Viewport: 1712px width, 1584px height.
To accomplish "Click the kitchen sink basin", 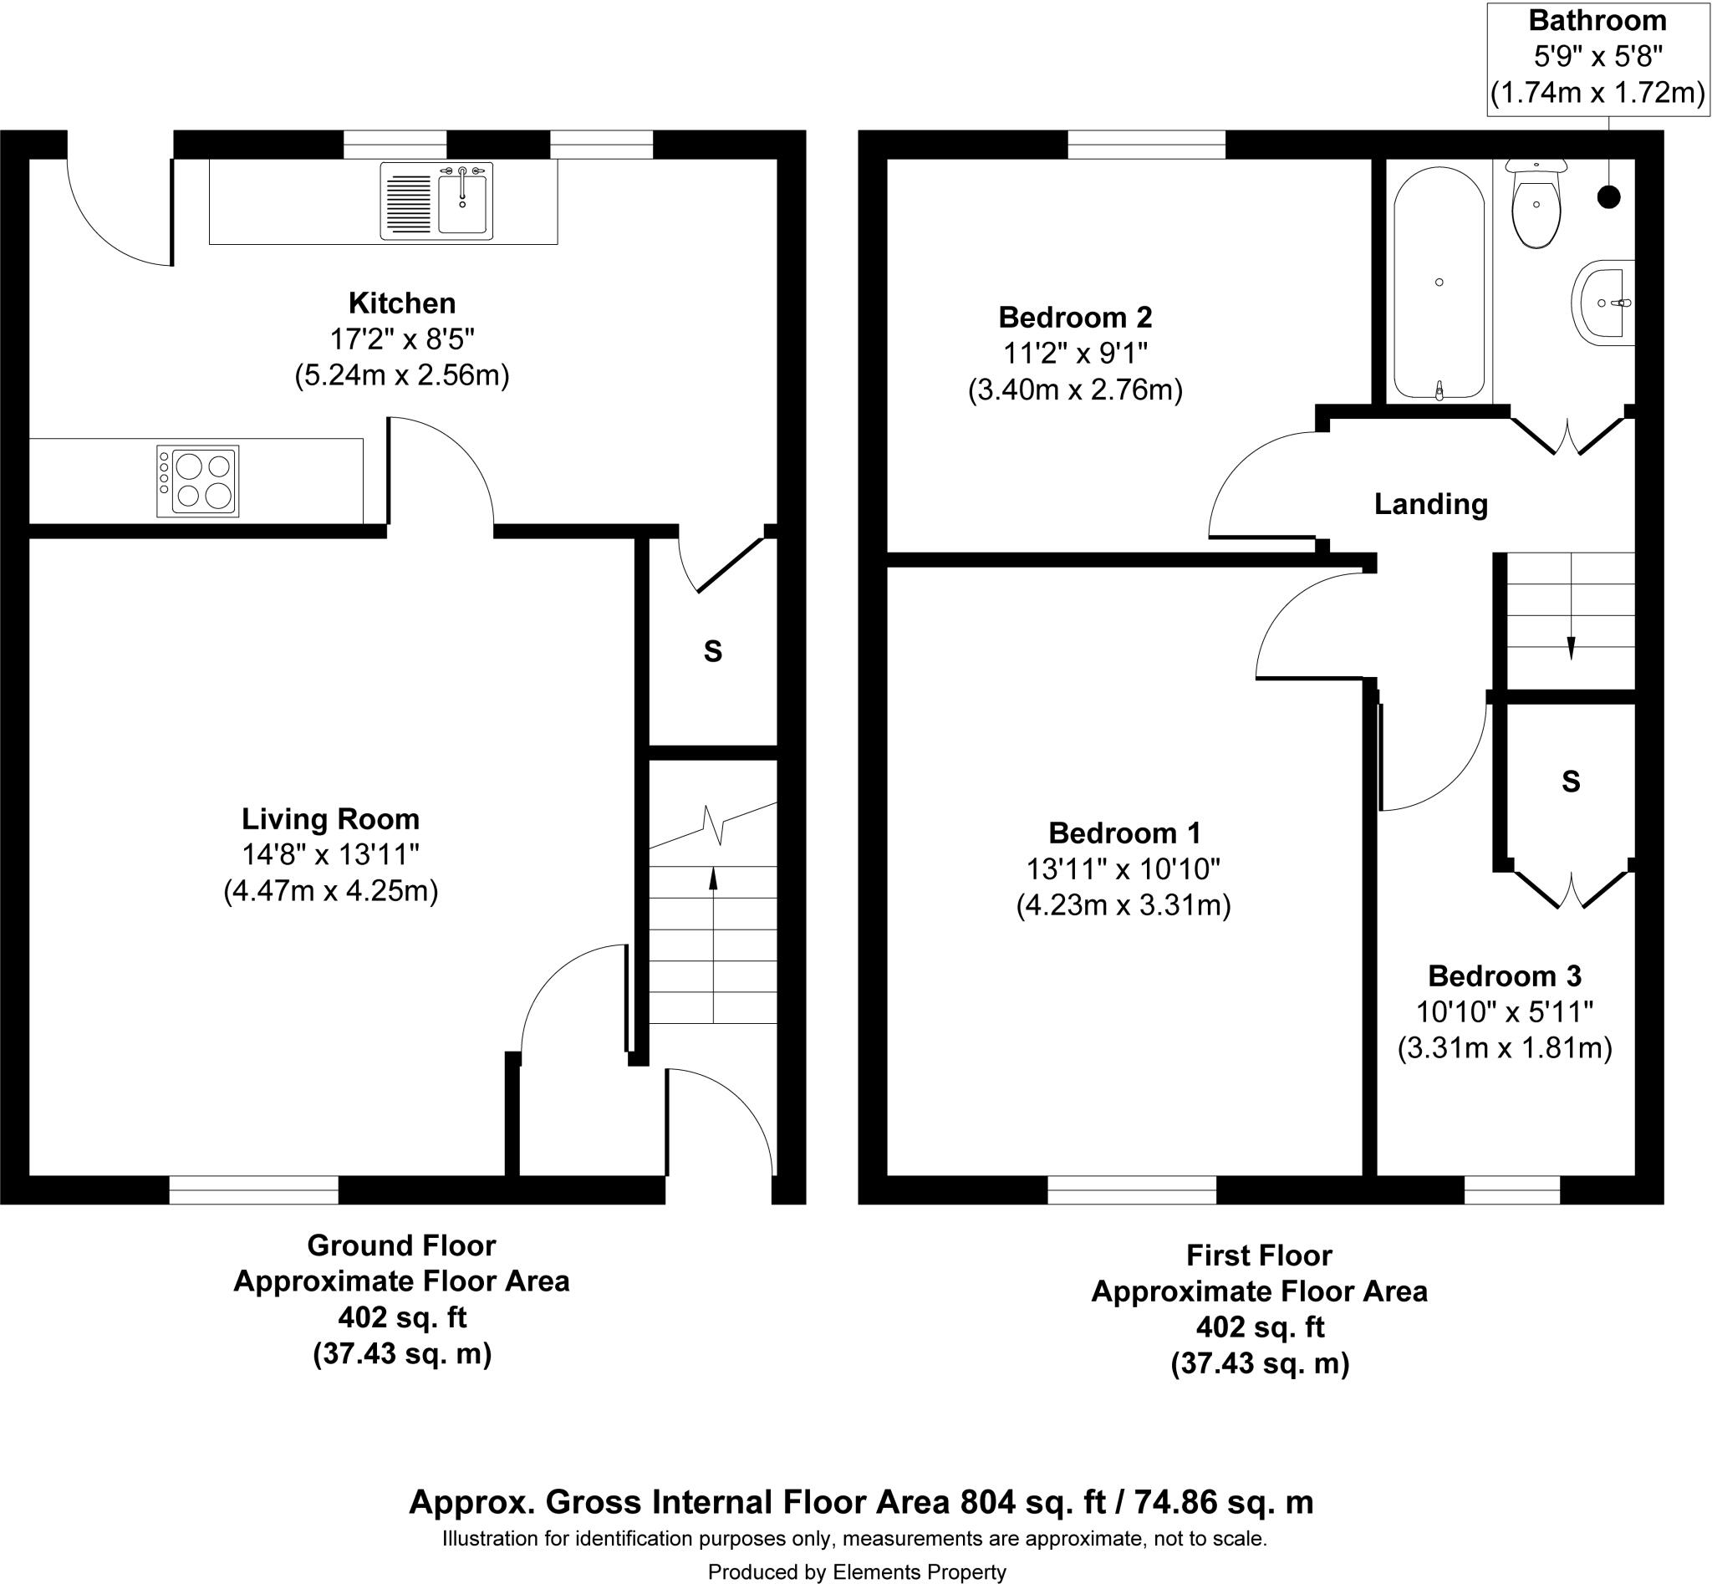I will click(462, 202).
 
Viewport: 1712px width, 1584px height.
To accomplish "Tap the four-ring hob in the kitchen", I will click(198, 481).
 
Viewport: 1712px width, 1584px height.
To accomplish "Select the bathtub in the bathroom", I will click(1439, 282).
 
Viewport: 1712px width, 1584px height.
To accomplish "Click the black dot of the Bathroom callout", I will click(1609, 197).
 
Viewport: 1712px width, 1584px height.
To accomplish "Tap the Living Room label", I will click(331, 819).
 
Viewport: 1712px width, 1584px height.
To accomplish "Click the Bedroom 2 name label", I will click(1075, 317).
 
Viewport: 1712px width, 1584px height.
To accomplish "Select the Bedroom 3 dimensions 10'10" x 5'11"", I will click(1505, 1012).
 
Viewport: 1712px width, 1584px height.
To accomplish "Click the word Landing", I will click(1431, 504).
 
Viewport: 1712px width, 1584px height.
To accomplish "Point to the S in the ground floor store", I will click(713, 652).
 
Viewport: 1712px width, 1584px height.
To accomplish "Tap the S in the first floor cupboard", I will click(1571, 781).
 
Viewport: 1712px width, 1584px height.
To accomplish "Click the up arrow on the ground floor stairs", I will click(713, 876).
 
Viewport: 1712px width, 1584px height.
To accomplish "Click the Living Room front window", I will click(254, 1189).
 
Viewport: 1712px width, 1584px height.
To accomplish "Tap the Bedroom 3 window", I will click(1512, 1189).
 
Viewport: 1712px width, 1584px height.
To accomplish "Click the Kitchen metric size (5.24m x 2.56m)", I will click(402, 375).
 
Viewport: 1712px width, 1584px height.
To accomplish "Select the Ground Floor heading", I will click(401, 1245).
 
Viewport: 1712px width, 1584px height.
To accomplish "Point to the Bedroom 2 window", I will click(1146, 145).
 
